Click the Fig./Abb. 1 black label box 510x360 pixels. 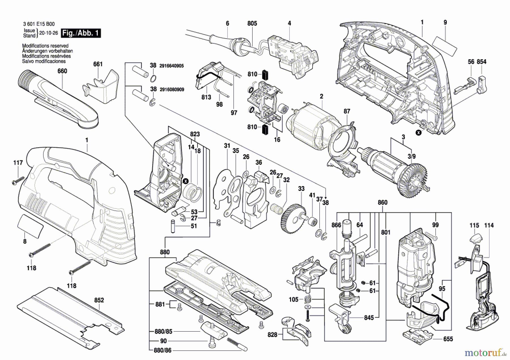[81, 33]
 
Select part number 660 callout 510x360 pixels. [62, 71]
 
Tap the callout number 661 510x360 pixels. [98, 64]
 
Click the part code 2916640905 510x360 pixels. [171, 66]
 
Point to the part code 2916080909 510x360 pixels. [172, 90]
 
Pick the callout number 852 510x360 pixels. [99, 300]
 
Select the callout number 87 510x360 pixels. [347, 111]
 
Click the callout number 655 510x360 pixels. [448, 339]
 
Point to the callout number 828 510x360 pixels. [272, 335]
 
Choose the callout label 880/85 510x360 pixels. [163, 331]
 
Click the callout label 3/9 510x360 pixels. [411, 156]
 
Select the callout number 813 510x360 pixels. [206, 97]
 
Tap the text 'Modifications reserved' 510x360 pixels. [45, 46]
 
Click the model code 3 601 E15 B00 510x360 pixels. [39, 24]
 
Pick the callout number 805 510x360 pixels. [252, 24]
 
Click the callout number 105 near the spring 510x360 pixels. [294, 299]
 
